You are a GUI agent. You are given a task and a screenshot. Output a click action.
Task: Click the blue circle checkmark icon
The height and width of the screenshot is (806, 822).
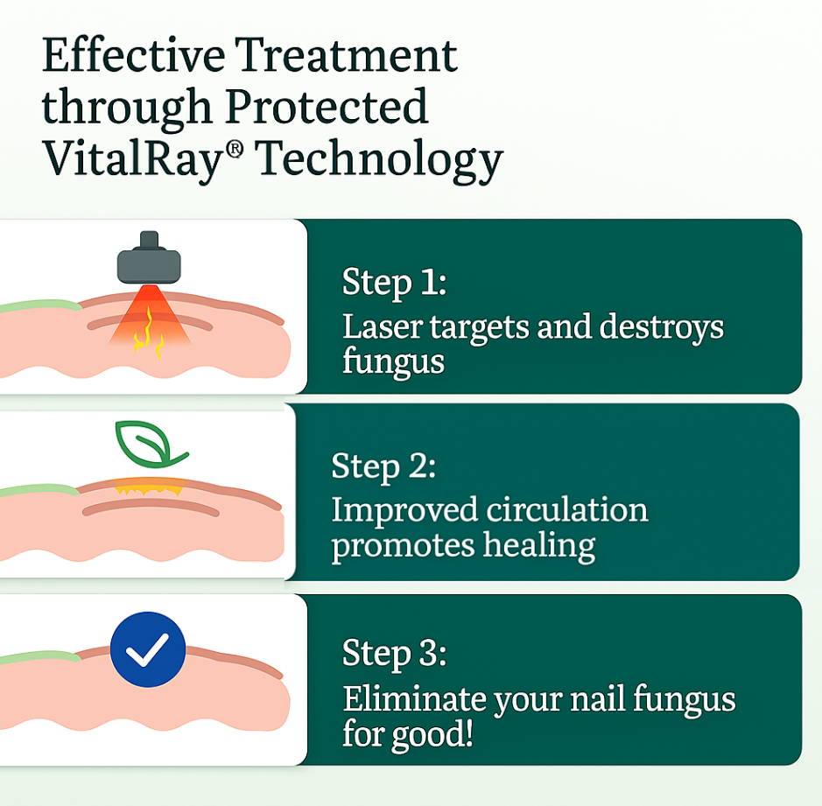148,648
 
